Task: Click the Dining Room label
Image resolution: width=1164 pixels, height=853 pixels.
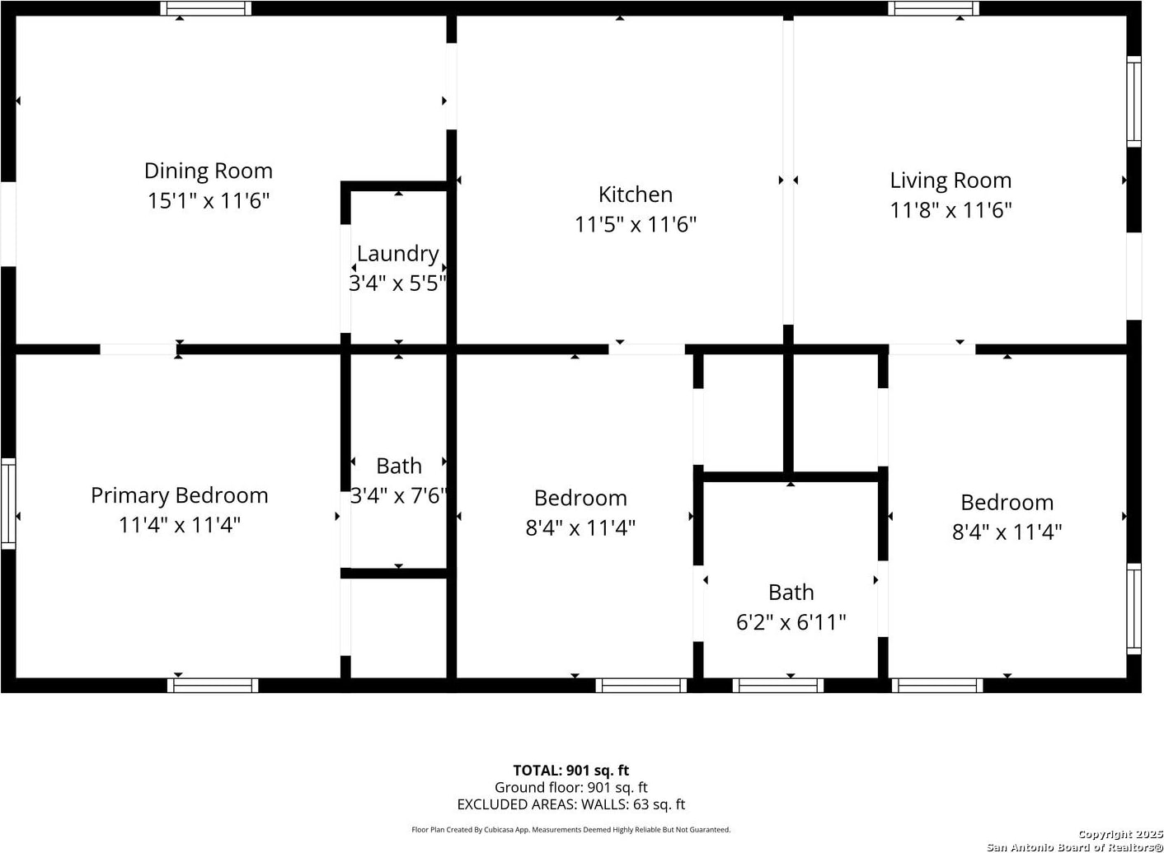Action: coord(209,171)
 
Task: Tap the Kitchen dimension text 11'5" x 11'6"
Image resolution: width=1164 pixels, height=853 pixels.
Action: coord(635,224)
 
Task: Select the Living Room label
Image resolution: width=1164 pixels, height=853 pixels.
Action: coord(950,181)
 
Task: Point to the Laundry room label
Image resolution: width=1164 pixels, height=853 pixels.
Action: coord(398,255)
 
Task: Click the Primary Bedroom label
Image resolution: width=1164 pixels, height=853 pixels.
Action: coord(179,496)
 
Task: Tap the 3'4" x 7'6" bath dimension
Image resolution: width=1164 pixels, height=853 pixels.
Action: coord(398,495)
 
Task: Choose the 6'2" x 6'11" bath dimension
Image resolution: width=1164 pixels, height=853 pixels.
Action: coord(791,622)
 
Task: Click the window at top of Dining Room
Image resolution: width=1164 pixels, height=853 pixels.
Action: coord(206,8)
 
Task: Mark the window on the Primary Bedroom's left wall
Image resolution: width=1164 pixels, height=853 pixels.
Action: coord(8,503)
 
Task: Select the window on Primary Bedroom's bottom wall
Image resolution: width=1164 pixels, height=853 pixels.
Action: coord(213,685)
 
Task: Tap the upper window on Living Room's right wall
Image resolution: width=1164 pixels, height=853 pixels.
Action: coord(1133,102)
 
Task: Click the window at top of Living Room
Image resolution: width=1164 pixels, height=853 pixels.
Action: coord(933,8)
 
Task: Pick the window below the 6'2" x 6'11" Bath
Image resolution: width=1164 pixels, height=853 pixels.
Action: coord(778,685)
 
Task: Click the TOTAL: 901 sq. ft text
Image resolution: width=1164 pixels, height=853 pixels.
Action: coord(571,770)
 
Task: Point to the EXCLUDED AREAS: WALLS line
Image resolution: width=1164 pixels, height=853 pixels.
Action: coord(571,804)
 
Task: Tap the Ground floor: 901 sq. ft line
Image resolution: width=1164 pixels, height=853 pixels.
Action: coord(571,787)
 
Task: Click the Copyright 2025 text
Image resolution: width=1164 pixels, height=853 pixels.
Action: coord(1120,834)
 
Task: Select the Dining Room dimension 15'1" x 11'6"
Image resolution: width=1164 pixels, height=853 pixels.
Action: coord(209,200)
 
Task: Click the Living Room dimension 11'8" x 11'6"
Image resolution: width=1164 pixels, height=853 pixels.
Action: coord(950,210)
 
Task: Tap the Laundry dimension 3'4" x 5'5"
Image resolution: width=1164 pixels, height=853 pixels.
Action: coord(398,284)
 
